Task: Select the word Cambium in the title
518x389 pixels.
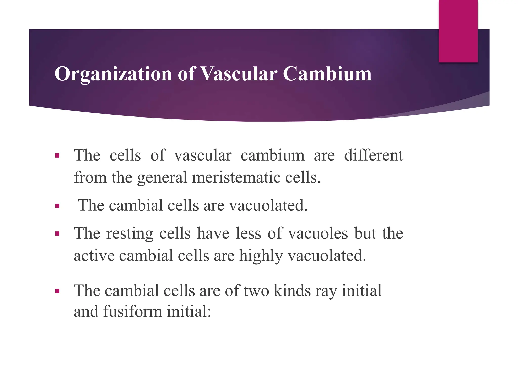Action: (327, 74)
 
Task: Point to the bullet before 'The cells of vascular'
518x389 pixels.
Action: (57, 155)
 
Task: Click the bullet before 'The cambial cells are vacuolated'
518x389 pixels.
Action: (57, 206)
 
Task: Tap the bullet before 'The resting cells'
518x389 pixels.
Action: (57, 234)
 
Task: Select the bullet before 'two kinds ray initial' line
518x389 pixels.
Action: (57, 291)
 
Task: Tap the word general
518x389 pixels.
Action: (162, 177)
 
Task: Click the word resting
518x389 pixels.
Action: (129, 234)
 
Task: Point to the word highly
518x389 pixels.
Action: (261, 256)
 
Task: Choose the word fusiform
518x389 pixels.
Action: (133, 311)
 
